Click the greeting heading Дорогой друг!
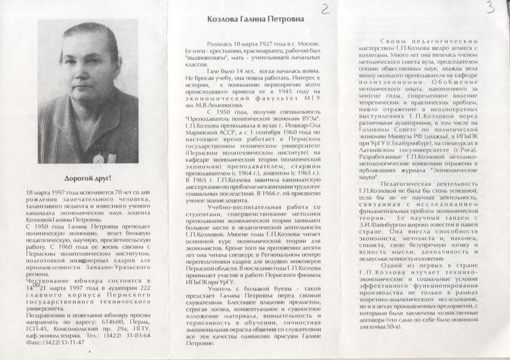pyautogui.click(x=89, y=178)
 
